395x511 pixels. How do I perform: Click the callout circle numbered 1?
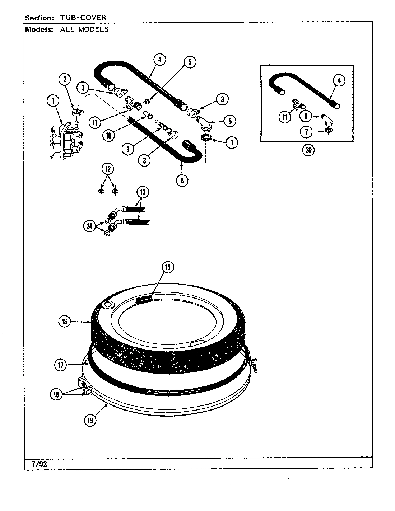[x=53, y=101]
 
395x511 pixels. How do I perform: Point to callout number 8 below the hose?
[x=182, y=181]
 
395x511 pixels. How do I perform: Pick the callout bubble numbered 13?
[x=143, y=192]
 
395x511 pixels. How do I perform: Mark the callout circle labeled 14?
[x=89, y=226]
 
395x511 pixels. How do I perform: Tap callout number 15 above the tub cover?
[x=168, y=267]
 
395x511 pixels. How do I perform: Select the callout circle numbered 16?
[x=64, y=322]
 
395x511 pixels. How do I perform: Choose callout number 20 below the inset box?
[x=308, y=151]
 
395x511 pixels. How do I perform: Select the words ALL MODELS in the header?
[x=84, y=29]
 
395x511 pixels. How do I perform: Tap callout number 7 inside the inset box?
[x=306, y=132]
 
